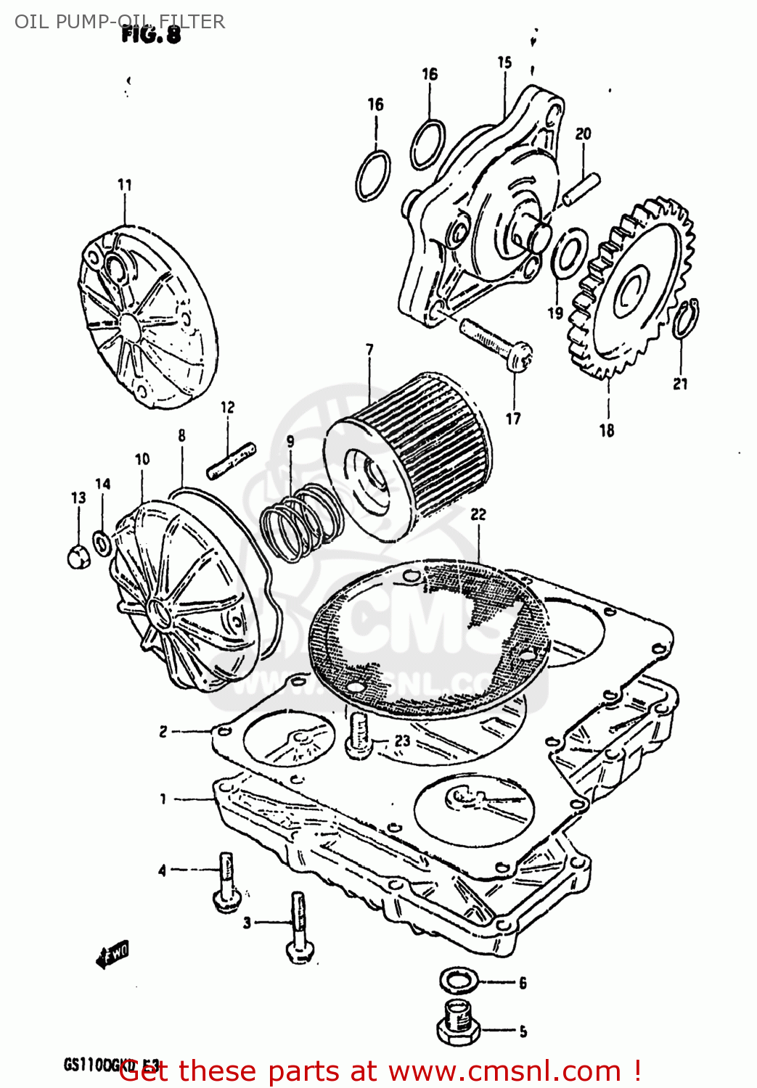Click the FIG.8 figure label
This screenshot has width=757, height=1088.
151,34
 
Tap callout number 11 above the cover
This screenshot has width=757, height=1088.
125,185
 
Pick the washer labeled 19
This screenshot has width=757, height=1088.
568,253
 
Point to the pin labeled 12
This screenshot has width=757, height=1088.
231,460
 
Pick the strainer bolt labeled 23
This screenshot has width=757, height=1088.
358,735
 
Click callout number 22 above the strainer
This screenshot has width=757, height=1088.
478,514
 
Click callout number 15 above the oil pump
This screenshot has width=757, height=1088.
504,63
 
